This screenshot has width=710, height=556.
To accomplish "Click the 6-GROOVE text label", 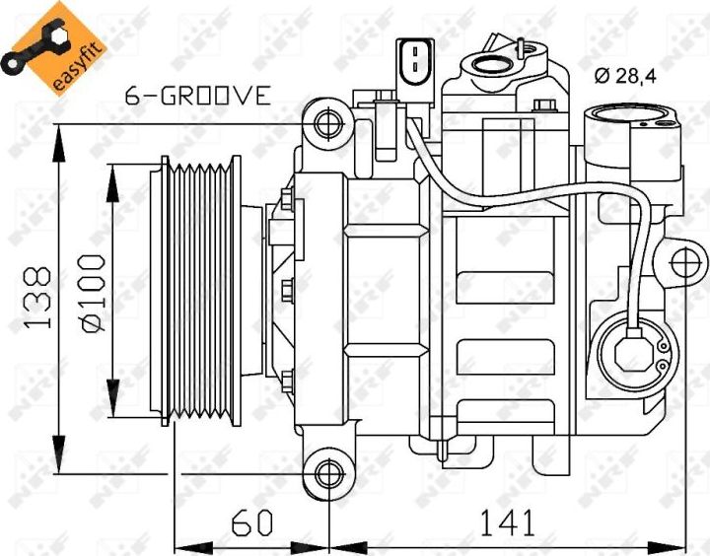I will (197, 96).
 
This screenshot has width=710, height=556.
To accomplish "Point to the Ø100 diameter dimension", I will (92, 293).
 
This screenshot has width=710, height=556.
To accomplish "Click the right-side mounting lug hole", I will (687, 263).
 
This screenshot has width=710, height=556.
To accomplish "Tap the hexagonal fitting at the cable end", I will (632, 351).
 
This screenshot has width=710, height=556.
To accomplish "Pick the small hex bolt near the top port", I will (544, 106).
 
